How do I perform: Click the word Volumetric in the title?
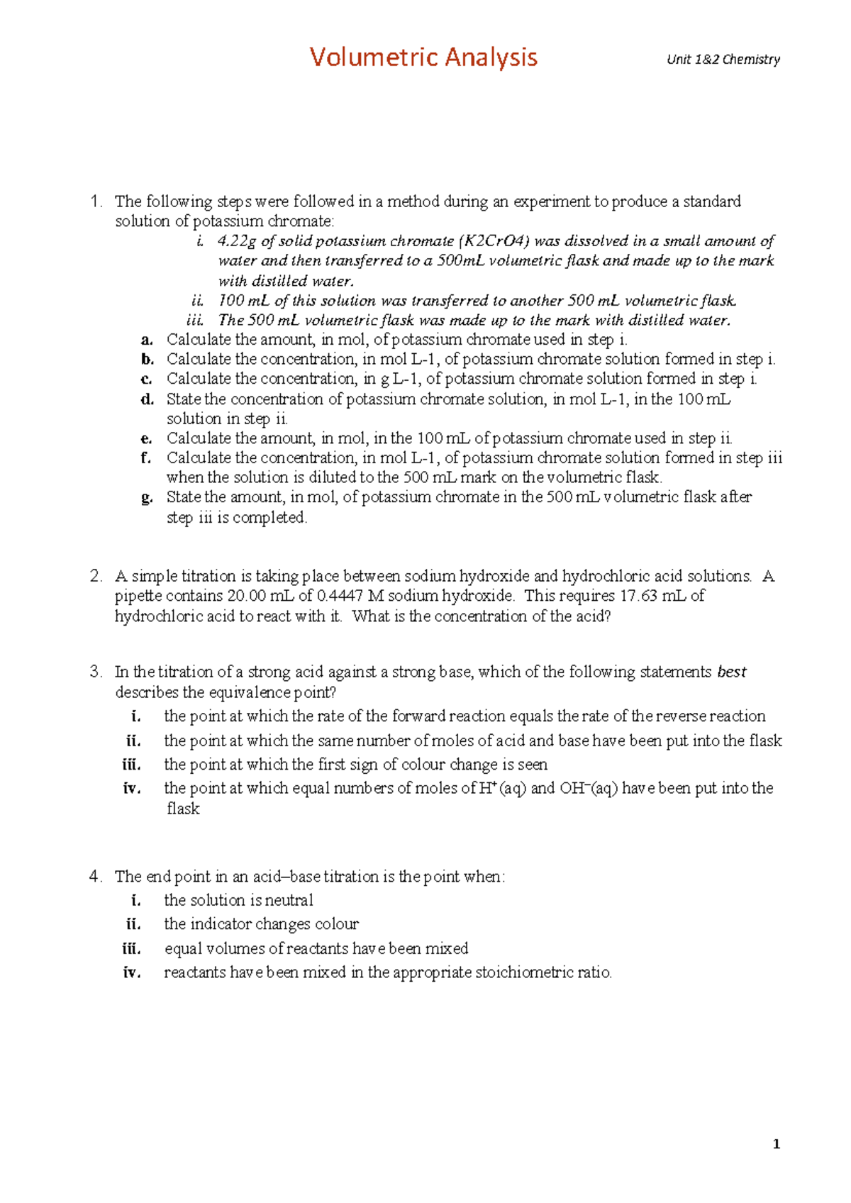click(x=365, y=57)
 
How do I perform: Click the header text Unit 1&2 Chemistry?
click(x=723, y=60)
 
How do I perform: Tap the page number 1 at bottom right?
click(x=777, y=1143)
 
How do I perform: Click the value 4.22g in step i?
click(x=237, y=241)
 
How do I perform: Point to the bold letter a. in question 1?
click(x=147, y=340)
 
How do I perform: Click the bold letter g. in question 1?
click(x=147, y=498)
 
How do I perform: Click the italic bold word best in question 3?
click(x=732, y=672)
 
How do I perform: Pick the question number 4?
click(x=96, y=877)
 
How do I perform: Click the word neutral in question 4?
click(x=289, y=900)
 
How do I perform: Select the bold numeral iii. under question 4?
click(x=131, y=949)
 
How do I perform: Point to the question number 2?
click(x=96, y=576)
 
